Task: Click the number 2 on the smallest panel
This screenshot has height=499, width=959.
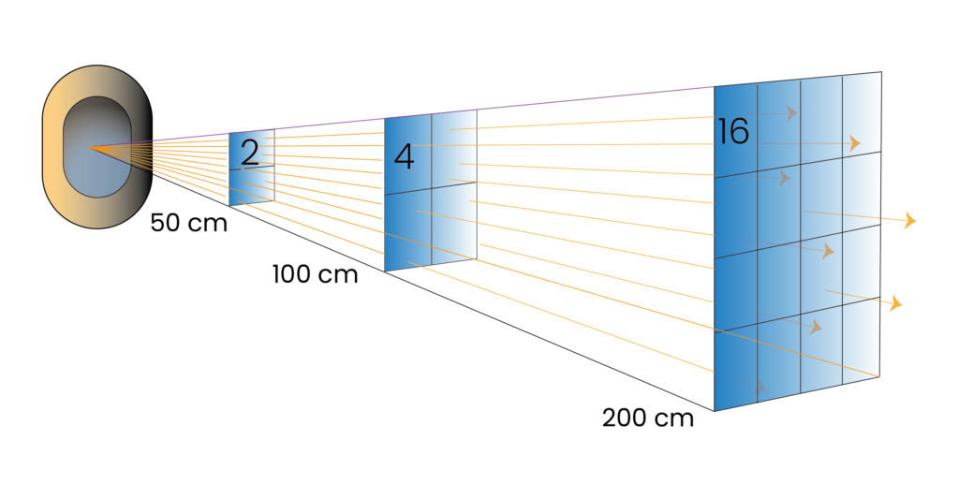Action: [249, 153]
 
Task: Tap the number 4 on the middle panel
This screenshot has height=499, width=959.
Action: [404, 156]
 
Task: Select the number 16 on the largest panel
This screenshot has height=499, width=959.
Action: [732, 131]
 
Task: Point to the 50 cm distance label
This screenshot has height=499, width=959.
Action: [189, 223]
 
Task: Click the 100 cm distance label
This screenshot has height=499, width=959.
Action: [315, 274]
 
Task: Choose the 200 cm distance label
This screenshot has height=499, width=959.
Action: [648, 418]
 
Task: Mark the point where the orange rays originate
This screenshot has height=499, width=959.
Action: [89, 147]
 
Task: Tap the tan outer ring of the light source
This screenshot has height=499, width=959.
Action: [52, 147]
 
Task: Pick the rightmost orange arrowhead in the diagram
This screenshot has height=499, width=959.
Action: [911, 220]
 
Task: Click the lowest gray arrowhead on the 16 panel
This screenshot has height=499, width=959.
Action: [760, 386]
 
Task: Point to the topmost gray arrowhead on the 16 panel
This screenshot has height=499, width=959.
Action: [792, 112]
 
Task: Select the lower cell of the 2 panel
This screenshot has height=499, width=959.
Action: [251, 184]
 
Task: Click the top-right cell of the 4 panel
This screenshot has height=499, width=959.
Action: [454, 148]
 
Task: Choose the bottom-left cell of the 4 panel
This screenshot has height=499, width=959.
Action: [408, 229]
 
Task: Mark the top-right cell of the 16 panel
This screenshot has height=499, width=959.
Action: [862, 114]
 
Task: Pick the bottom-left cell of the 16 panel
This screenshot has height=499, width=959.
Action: [736, 367]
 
